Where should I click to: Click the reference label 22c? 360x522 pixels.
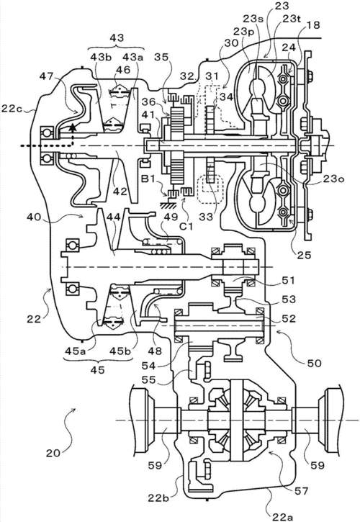click(x=13, y=108)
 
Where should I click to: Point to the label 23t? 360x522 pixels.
click(x=292, y=19)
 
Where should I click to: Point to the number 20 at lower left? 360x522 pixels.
click(x=54, y=453)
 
